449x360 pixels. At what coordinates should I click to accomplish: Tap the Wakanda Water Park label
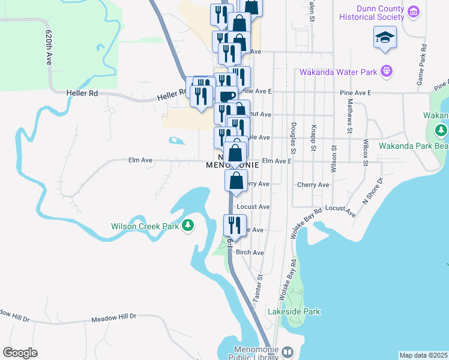339,73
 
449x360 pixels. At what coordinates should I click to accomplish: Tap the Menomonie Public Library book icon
287,352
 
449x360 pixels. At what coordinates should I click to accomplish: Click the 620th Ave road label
49,47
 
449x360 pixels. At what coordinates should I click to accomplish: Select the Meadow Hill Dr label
114,321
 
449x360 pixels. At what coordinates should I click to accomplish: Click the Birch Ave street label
250,253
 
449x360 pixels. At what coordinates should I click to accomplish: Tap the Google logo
20,353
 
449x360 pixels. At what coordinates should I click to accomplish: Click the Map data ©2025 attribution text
424,355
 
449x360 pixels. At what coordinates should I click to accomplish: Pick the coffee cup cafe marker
227,96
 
